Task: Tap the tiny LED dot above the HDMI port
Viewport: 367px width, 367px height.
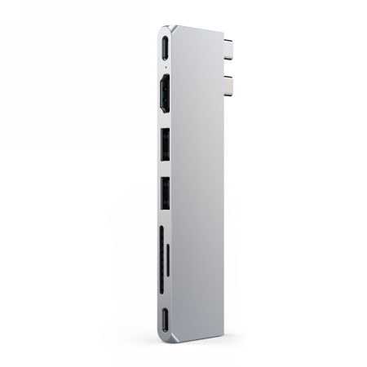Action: pos(166,67)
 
